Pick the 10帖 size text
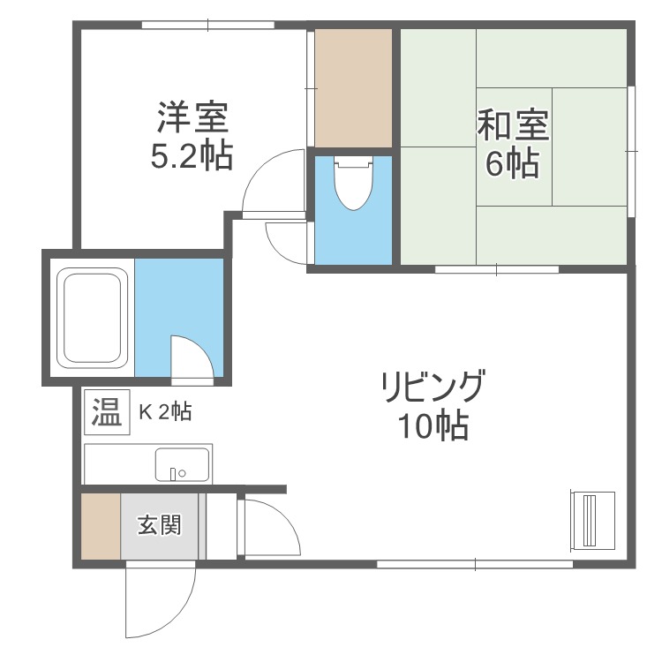point(432,427)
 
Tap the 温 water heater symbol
point(107,412)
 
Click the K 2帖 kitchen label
point(165,410)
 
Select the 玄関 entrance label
point(159,526)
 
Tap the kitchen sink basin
point(182,463)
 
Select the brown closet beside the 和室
point(353,88)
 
